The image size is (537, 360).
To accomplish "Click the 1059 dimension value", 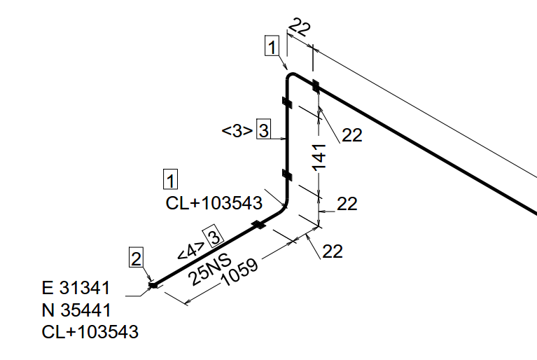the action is coord(239,272).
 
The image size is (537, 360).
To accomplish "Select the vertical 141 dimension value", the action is coord(319,157).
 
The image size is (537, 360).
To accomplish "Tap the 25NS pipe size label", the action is coord(210,270).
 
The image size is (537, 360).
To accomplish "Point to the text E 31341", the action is coord(76,288).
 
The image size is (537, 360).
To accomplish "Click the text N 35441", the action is coord(76,310).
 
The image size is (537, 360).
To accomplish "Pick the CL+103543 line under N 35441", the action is coord(90,332).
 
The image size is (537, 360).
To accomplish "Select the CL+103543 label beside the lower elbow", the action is coord(214,203).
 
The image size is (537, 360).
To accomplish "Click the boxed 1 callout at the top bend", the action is coord(272,46).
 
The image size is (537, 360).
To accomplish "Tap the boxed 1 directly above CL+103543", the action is coord(170,179).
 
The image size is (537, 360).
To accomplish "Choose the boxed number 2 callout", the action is coord(136,258).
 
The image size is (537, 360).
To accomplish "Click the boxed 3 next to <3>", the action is coord(264,129).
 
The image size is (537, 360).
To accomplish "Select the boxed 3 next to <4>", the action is coord(214,235).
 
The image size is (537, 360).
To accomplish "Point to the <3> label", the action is coord(237,131).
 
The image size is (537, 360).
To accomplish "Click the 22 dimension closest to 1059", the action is coord(333,251).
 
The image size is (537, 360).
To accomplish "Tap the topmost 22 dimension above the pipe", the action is coord(300,27).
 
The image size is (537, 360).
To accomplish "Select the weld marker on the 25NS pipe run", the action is coord(258,225).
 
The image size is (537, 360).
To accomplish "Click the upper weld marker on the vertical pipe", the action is coord(287,102).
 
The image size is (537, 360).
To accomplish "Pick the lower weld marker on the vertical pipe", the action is coord(287,174).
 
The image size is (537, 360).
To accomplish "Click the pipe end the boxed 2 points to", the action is coord(153,284).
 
